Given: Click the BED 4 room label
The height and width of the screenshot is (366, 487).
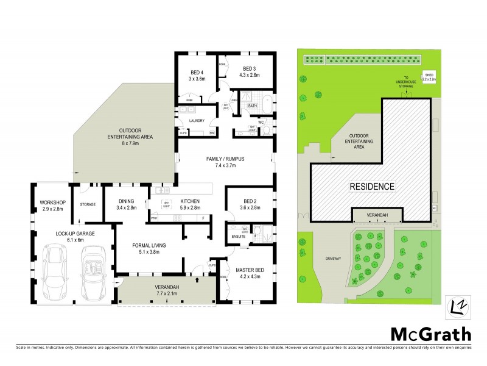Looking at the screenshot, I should pyautogui.click(x=195, y=71).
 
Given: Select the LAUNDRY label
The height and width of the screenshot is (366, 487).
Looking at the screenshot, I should pyautogui.click(x=196, y=121).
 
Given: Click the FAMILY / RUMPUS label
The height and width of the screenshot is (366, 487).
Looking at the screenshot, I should pyautogui.click(x=225, y=159).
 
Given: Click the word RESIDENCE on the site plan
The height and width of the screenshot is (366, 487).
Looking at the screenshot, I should pyautogui.click(x=371, y=186).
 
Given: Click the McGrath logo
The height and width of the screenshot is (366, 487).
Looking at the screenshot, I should pyautogui.click(x=430, y=334).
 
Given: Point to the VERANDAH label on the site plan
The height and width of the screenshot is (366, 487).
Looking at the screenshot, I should pyautogui.click(x=377, y=215).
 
